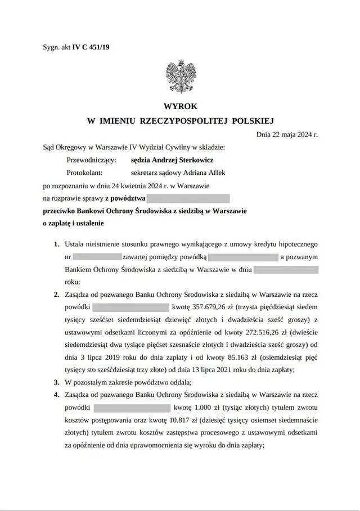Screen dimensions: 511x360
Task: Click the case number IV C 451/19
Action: click(91, 48)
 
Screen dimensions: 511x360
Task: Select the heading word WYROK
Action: click(180, 106)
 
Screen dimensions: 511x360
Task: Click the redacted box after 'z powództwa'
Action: click(188, 198)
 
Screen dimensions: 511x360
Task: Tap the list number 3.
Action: click(56, 382)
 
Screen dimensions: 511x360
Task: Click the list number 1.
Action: click(56, 245)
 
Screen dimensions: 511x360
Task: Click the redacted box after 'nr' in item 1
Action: click(98, 257)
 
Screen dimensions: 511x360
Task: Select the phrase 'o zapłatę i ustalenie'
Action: click(73, 223)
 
